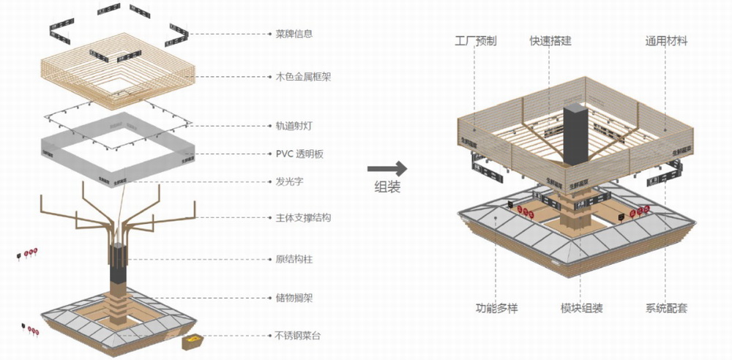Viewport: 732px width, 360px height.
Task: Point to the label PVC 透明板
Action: point(300,154)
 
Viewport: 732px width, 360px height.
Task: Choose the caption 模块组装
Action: point(582,308)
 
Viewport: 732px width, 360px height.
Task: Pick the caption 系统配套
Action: point(666,308)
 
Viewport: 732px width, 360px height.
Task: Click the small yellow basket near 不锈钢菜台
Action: point(193,342)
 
